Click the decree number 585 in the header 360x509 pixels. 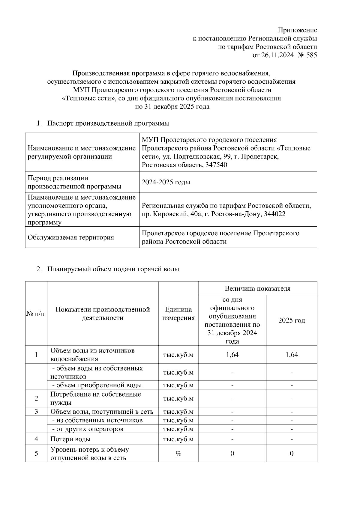311,55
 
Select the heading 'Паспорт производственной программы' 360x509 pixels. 108,123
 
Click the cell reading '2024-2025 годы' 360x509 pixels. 166,182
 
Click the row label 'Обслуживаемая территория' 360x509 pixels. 71,237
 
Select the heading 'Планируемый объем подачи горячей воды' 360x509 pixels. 113,269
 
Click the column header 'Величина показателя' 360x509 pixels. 257,289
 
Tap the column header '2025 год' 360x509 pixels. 291,320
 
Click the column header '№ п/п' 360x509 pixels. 36,314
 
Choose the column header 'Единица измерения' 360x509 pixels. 178,314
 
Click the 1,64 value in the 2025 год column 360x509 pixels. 291,355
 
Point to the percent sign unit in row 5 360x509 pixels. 178,454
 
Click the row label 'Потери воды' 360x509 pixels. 70,439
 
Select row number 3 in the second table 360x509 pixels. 36,412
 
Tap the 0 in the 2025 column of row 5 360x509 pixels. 291,454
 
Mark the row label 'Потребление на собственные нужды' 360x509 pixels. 95,398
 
